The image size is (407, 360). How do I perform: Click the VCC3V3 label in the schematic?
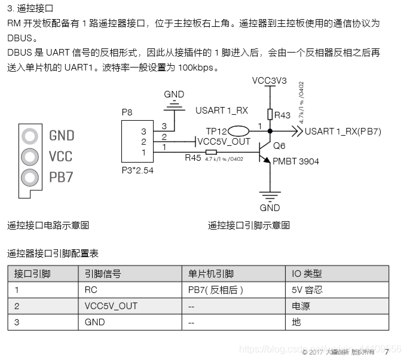pos(270,80)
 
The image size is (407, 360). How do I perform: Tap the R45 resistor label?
pos(193,158)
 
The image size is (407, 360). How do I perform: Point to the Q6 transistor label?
pos(279,146)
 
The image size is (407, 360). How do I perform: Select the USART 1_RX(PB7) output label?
pos(342,132)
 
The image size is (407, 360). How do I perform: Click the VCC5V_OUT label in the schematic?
pos(224,142)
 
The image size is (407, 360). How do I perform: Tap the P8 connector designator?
pos(127,112)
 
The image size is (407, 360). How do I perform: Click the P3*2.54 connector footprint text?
pos(137,169)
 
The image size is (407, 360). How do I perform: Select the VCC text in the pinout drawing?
pos(60,157)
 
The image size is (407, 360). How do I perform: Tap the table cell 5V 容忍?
pos(307,290)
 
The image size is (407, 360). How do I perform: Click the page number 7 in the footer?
pos(387,352)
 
